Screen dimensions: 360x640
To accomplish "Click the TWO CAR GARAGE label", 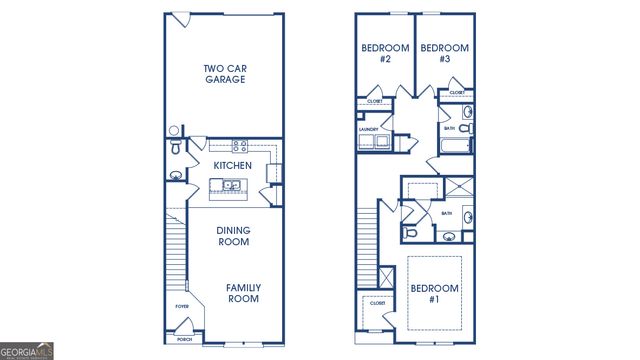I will point(225,73).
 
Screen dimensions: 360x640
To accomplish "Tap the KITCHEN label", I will point(231,165).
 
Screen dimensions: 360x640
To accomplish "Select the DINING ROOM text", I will point(233,236).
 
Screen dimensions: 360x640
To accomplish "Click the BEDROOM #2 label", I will point(380,54).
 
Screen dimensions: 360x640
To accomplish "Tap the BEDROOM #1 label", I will point(435,294).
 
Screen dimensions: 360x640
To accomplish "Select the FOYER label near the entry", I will point(182,307).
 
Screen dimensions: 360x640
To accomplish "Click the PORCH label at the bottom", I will point(184,339).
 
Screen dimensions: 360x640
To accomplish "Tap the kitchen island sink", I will point(231,185).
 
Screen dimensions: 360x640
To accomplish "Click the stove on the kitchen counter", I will point(240,146).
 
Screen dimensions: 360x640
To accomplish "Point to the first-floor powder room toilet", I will point(176,149).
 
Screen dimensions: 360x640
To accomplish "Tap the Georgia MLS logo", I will point(27,351).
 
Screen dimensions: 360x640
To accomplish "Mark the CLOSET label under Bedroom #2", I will point(375,101).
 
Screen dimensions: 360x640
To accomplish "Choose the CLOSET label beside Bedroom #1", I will point(376,303).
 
